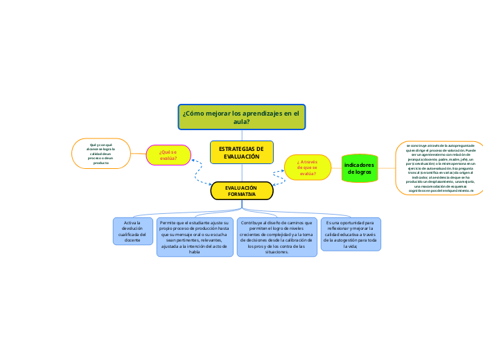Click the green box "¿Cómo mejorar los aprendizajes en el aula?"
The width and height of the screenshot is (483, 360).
[x=241, y=117]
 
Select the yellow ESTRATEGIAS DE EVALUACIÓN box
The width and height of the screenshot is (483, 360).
[x=241, y=152]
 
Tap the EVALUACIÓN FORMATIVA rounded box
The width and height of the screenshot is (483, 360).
[x=241, y=191]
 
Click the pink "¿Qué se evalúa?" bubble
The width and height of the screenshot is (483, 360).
[x=168, y=155]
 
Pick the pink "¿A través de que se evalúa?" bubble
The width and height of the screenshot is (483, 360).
[x=307, y=168]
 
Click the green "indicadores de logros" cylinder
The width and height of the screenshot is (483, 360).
[x=360, y=169]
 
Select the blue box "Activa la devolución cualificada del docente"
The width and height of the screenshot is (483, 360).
[x=132, y=231]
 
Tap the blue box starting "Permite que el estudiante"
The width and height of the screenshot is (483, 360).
[x=194, y=237]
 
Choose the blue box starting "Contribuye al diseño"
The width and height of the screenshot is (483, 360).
[x=276, y=237]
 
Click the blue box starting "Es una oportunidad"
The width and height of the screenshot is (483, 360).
[x=350, y=234]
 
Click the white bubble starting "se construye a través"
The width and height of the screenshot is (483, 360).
[x=436, y=168]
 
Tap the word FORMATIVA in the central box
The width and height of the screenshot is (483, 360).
[x=242, y=195]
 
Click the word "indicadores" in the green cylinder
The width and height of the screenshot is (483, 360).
[x=360, y=165]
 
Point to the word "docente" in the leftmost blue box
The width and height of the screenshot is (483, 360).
[x=132, y=240]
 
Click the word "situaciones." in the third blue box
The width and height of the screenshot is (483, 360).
[x=276, y=252]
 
